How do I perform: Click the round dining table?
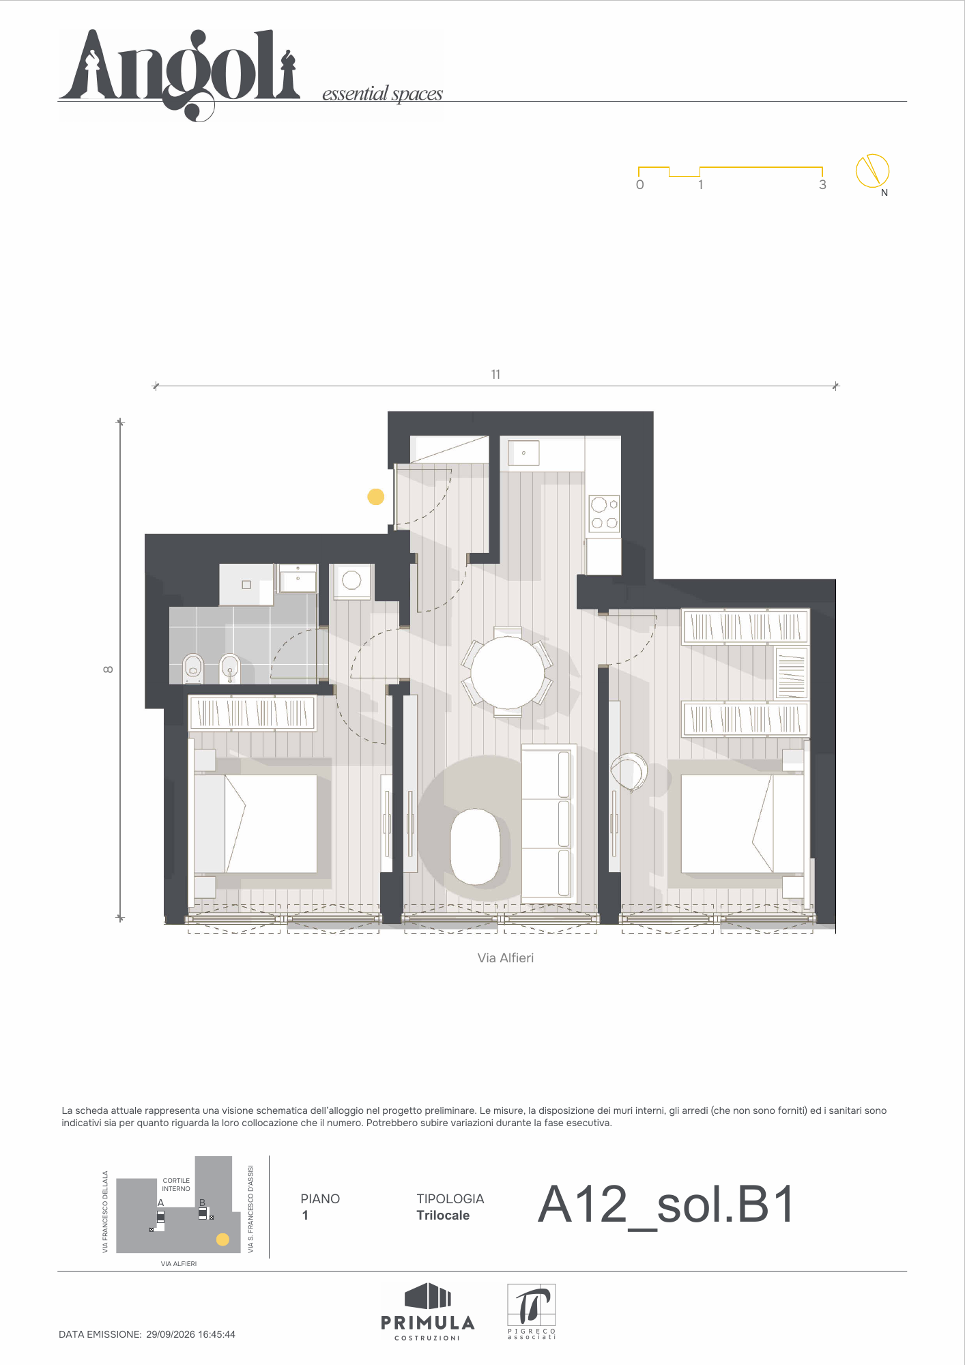(508, 672)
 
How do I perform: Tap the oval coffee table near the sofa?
(476, 846)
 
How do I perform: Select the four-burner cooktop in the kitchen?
(605, 514)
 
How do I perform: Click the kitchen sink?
(523, 453)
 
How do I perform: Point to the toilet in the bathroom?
(193, 669)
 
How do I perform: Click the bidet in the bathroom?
(230, 669)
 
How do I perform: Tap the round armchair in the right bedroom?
(629, 771)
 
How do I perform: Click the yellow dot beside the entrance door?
(376, 497)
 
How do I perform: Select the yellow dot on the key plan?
(222, 1239)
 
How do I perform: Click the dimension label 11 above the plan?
(495, 374)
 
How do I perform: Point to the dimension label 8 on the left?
(108, 670)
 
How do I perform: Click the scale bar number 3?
(822, 185)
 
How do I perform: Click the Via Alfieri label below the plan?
(506, 958)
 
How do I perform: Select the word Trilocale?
(443, 1215)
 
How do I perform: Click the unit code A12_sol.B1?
(666, 1205)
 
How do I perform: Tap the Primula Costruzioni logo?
(428, 1311)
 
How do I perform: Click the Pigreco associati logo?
(532, 1311)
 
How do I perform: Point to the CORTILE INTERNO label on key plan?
(176, 1184)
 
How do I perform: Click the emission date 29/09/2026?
(171, 1334)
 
